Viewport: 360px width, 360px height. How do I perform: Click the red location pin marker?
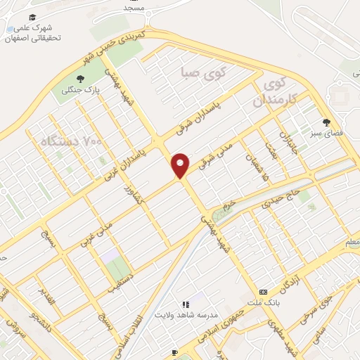[x=181, y=165]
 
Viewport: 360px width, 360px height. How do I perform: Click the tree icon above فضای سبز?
[x=326, y=122]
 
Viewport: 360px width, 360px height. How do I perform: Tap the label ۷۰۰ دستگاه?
[x=63, y=141]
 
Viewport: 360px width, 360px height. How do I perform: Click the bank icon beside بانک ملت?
[x=262, y=291]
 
